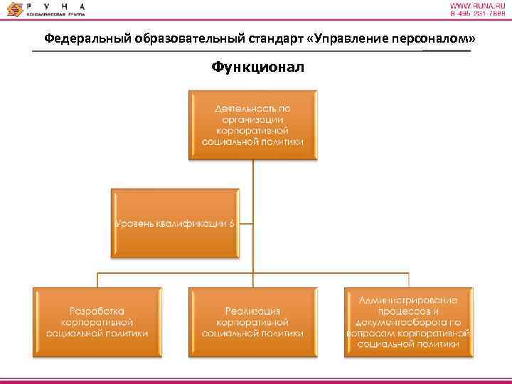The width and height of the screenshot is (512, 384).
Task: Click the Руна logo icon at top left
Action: [14, 9]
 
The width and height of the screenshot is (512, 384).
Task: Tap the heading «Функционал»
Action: [256, 67]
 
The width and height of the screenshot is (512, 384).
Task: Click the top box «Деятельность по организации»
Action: [252, 124]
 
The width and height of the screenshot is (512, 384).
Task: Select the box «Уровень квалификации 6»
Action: [174, 223]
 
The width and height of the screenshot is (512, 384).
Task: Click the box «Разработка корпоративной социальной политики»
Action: [97, 321]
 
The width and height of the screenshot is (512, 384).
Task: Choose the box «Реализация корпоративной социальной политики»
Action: [252, 321]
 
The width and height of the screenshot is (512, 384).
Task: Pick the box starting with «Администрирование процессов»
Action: [407, 321]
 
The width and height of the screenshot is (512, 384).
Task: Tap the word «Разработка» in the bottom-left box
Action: [97, 311]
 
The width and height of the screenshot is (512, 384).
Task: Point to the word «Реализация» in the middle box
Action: [252, 311]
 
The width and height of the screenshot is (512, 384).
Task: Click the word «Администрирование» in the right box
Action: [408, 299]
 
